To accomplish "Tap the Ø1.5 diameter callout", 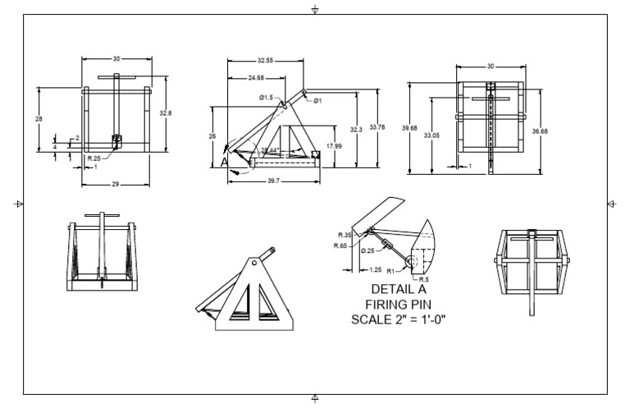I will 266,98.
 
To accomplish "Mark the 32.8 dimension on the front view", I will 166,112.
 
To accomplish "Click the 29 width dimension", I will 115,185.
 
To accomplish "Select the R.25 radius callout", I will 94,157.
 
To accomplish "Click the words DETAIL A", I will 401,289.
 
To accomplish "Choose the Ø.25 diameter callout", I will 368,250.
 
